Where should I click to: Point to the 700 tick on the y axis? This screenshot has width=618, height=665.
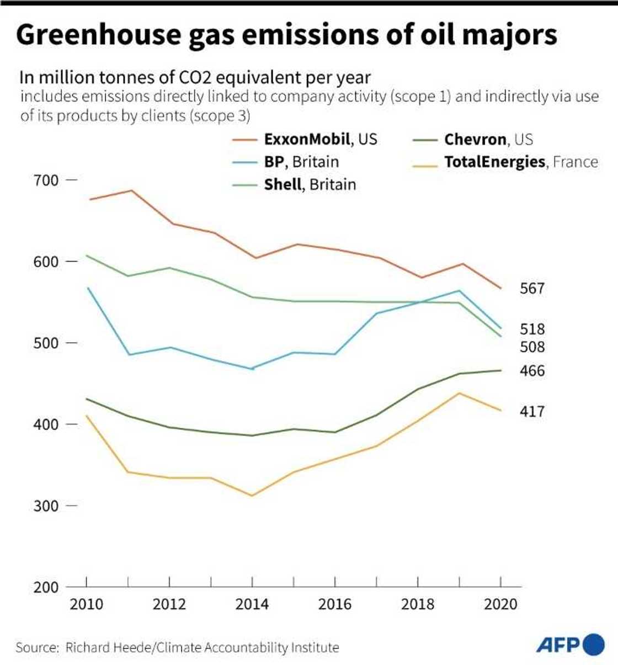(x=46, y=180)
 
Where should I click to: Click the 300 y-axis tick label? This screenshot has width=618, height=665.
(x=46, y=506)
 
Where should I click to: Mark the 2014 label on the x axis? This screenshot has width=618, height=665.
(x=252, y=604)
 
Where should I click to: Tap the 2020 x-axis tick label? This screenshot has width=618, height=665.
(x=500, y=604)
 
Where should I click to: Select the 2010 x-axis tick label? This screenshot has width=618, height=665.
(x=87, y=604)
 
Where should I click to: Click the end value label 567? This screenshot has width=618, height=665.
(x=532, y=289)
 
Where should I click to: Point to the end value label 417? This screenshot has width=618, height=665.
(x=532, y=412)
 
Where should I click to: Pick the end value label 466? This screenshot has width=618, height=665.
(x=532, y=371)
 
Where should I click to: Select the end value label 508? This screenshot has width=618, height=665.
(x=532, y=347)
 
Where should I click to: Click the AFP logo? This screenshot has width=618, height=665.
(x=570, y=645)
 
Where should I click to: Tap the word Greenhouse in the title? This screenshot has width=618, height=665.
(x=98, y=35)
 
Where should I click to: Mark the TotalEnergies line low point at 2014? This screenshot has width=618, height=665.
(x=252, y=496)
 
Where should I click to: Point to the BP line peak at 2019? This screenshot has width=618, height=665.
(x=459, y=290)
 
